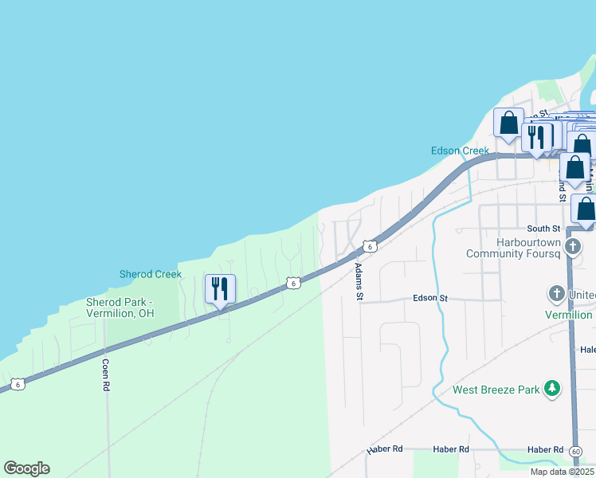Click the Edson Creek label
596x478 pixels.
(460, 151)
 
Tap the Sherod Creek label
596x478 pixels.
(151, 274)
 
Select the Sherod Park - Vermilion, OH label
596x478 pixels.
(131, 308)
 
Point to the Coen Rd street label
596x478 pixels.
(105, 374)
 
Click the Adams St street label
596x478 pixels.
(359, 282)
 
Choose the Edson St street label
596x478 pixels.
(430, 298)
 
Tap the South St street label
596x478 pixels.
(544, 229)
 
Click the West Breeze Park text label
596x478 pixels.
(497, 390)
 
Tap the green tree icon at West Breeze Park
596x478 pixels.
(551, 389)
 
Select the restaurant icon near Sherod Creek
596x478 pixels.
(221, 288)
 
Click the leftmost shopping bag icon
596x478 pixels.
(508, 123)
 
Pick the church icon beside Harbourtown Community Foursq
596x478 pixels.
(572, 246)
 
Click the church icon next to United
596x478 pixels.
(557, 294)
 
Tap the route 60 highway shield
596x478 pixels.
(575, 452)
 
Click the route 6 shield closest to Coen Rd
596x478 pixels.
(18, 385)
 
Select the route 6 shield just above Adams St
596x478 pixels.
(370, 246)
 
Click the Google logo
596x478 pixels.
(26, 468)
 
